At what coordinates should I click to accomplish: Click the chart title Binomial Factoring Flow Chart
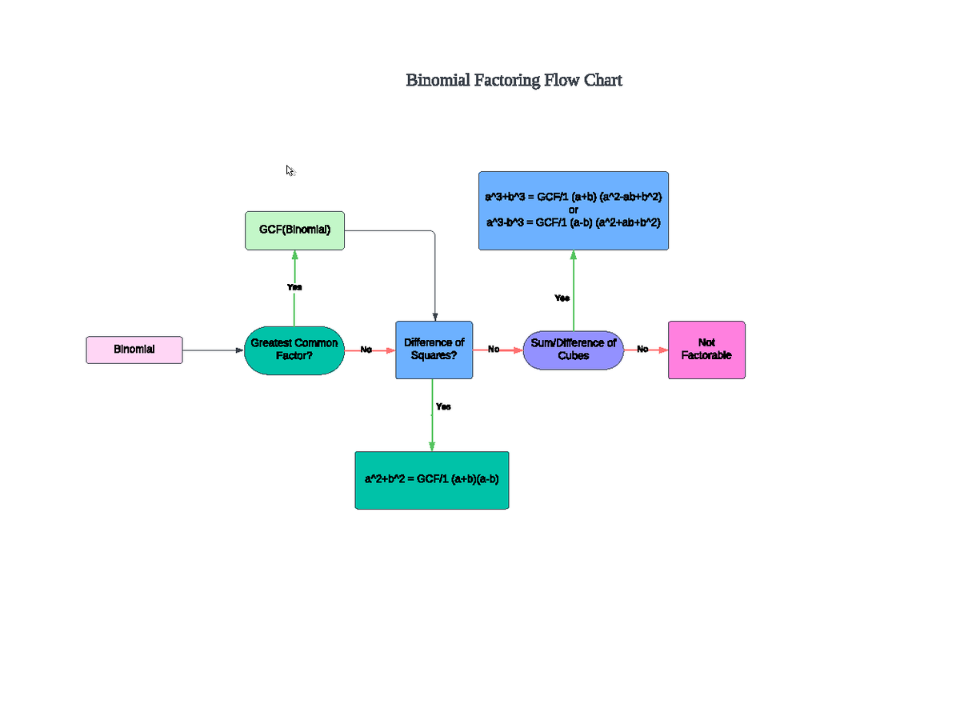pyautogui.click(x=514, y=80)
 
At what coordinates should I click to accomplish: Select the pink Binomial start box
pyautogui.click(x=134, y=350)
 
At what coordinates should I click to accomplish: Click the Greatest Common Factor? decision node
pyautogui.click(x=294, y=350)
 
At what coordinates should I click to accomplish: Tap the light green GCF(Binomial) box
pyautogui.click(x=294, y=230)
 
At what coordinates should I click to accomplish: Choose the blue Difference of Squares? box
pyautogui.click(x=434, y=350)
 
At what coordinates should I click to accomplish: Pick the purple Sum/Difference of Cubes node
pyautogui.click(x=574, y=350)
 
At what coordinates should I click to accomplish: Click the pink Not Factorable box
pyautogui.click(x=706, y=350)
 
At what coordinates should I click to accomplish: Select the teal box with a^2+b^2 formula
pyautogui.click(x=432, y=479)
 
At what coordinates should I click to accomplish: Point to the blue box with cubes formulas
pyautogui.click(x=574, y=210)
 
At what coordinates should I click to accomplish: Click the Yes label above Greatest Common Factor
pyautogui.click(x=294, y=286)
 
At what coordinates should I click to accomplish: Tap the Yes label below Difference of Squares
pyautogui.click(x=443, y=406)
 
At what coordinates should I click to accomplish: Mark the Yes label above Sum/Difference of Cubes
pyautogui.click(x=562, y=298)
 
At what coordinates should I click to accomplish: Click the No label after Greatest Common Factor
pyautogui.click(x=366, y=350)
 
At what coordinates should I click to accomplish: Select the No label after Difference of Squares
pyautogui.click(x=494, y=350)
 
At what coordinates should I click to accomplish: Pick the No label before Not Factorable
pyautogui.click(x=642, y=350)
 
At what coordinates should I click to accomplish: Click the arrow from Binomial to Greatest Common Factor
pyautogui.click(x=213, y=350)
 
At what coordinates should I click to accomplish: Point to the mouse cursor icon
pyautogui.click(x=290, y=170)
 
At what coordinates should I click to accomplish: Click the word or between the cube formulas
pyautogui.click(x=574, y=210)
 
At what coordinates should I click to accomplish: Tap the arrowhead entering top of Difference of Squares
pyautogui.click(x=434, y=316)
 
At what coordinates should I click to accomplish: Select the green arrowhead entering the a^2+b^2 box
pyautogui.click(x=432, y=446)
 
